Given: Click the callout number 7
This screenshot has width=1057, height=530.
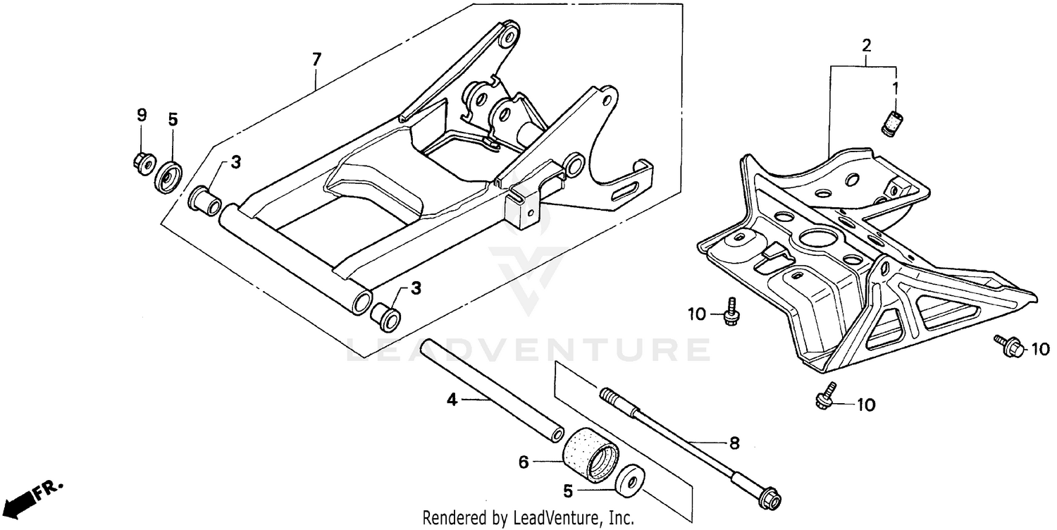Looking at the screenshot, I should tap(316, 59).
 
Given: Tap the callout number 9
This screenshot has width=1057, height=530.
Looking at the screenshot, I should tap(141, 114).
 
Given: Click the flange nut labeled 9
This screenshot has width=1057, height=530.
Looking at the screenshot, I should tap(143, 162).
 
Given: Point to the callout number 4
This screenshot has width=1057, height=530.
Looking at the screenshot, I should tap(452, 400).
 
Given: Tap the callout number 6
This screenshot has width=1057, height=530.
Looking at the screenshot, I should tap(523, 462).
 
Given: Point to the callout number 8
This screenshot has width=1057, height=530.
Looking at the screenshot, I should tap(734, 443).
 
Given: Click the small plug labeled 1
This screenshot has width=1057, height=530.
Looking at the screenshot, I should tap(894, 122).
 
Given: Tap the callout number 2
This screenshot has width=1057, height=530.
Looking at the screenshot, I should tap(866, 46).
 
